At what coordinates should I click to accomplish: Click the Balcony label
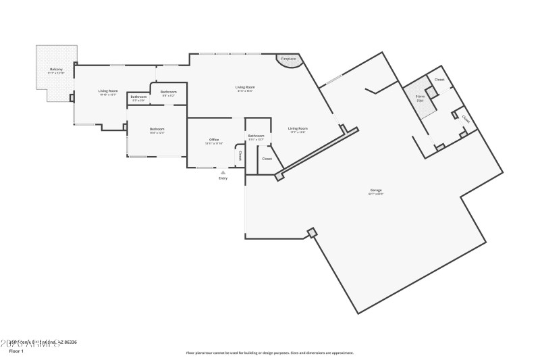56,70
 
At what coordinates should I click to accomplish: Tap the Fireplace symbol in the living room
288,59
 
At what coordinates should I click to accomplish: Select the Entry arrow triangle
223,172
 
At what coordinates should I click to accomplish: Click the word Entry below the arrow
223,178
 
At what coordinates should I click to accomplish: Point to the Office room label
213,140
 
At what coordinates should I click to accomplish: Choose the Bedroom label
157,129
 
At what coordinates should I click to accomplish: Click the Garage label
375,190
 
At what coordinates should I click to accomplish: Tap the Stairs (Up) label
419,97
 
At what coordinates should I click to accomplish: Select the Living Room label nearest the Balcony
108,91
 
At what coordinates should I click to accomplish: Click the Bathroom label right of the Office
256,136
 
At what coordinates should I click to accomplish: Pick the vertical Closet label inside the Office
240,155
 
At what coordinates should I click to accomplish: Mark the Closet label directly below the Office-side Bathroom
267,158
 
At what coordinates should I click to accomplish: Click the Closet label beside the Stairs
439,80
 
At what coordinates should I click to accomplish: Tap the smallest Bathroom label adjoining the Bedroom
138,97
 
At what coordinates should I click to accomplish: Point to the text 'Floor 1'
16,351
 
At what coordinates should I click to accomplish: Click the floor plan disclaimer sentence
269,353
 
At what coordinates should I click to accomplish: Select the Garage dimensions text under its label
375,195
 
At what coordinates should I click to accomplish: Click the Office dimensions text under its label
213,144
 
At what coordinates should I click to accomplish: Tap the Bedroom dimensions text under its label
157,133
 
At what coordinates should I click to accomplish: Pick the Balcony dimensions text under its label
56,74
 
